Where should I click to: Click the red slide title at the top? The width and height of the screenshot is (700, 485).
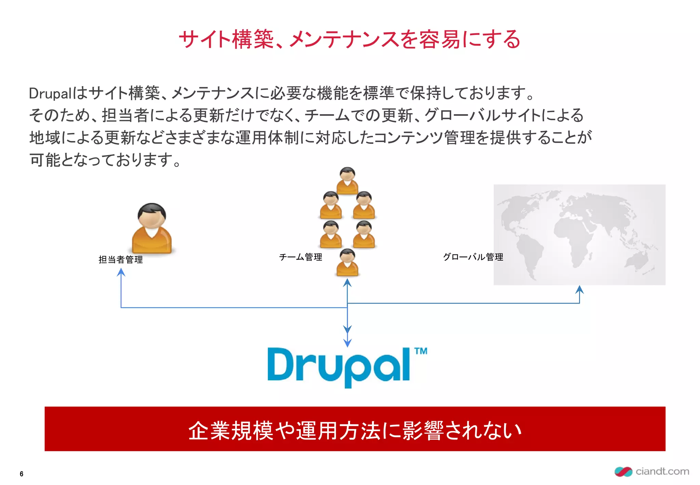tap(349, 40)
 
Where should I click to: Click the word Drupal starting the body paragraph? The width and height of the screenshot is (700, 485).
tap(50, 93)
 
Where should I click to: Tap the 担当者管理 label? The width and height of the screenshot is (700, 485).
tap(121, 260)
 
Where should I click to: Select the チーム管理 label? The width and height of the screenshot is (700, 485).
tap(300, 257)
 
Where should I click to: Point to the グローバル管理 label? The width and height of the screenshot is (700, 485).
tap(473, 257)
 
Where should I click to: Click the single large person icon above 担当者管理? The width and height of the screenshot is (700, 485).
tap(152, 228)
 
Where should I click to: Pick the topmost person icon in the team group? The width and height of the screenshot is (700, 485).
tap(347, 180)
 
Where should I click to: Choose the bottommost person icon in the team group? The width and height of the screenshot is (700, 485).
tap(347, 262)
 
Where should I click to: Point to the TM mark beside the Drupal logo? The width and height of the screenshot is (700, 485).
tap(421, 351)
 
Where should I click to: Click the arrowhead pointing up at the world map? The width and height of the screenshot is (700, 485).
tap(579, 289)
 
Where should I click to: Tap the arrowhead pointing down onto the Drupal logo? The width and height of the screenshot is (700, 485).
tap(347, 343)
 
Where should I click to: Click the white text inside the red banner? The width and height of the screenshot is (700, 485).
tap(355, 430)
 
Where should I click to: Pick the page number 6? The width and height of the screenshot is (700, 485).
tap(22, 474)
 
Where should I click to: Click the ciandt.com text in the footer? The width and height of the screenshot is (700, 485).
tap(662, 471)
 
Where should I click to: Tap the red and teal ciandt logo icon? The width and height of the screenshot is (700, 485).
tap(623, 472)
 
